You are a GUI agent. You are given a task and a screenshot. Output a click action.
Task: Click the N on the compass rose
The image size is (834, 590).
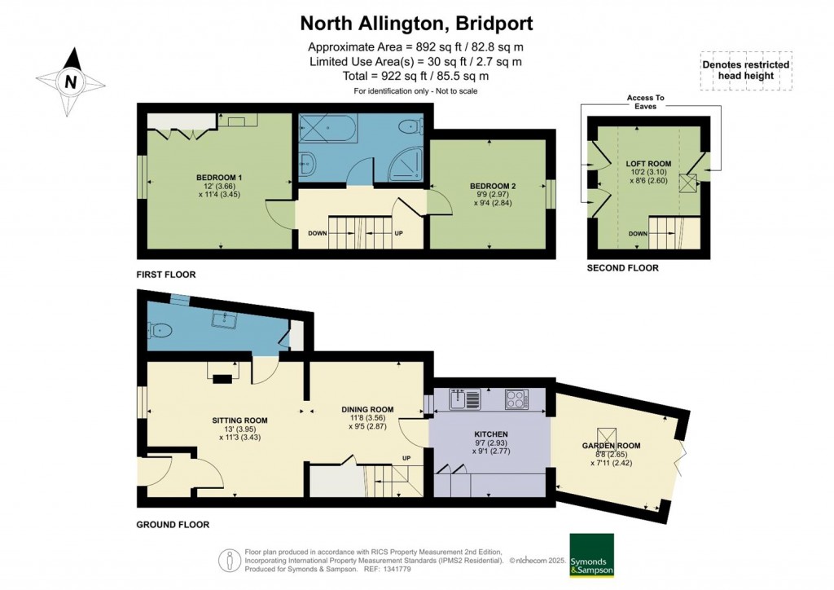[70, 82]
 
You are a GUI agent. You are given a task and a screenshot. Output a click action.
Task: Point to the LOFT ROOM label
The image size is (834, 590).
[648, 164]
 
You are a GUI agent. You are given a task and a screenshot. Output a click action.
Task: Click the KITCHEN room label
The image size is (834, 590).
[491, 434]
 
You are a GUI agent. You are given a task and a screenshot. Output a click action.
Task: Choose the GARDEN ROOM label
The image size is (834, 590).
[611, 446]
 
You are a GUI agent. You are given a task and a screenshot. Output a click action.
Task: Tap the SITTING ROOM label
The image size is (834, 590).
[239, 420]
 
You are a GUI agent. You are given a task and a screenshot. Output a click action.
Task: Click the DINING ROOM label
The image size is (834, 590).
[367, 410]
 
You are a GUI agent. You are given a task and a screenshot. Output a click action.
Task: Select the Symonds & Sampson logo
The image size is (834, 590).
[591, 555]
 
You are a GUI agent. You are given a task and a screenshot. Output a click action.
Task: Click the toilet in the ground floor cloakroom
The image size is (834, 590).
[159, 331]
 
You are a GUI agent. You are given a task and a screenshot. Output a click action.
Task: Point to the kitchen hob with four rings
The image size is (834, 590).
[517, 399]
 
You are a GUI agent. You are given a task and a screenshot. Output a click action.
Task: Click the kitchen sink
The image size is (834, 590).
[465, 399]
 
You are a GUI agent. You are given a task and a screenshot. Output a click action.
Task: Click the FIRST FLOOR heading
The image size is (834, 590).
[166, 275]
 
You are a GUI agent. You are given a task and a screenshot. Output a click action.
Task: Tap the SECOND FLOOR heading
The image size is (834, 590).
[623, 268]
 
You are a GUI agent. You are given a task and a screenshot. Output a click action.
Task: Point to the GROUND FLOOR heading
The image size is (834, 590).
[173, 525]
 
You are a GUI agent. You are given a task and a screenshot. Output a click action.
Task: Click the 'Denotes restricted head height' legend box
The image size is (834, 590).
[746, 70]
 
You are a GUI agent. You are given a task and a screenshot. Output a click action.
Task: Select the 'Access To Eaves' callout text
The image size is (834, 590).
[646, 102]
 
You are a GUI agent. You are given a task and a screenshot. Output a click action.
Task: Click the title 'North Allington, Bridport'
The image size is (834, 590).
[416, 24]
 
